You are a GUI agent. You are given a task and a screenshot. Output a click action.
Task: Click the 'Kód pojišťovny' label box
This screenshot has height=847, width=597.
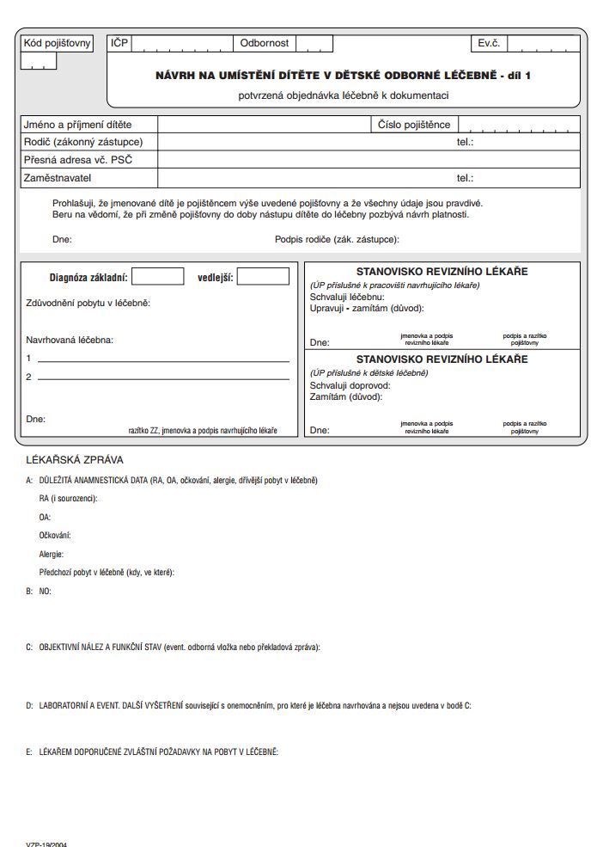57,43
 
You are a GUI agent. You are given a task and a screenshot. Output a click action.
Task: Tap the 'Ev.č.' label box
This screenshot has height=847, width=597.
490,43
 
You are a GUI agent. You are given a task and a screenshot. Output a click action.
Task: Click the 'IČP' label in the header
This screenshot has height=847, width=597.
119,43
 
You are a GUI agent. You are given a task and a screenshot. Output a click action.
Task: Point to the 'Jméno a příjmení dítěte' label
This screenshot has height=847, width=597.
77,125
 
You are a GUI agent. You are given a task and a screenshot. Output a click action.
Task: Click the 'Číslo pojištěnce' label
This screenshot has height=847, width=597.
414,125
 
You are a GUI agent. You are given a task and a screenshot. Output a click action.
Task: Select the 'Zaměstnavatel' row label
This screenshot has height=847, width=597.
57,178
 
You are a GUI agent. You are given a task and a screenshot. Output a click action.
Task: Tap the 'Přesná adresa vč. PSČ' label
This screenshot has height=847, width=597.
77,160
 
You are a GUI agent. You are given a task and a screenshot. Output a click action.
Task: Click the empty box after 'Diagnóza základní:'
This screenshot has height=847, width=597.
158,277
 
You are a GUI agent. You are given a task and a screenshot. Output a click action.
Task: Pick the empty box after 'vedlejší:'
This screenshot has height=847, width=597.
263,277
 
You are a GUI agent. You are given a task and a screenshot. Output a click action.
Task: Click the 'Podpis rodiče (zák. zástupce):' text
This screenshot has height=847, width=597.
337,240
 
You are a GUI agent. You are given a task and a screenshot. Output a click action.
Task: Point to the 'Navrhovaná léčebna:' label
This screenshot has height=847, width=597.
70,340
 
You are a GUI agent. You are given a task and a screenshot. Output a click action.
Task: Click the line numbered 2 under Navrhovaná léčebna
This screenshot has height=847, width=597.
163,377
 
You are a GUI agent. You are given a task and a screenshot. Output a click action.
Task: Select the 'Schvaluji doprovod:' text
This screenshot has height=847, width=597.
350,386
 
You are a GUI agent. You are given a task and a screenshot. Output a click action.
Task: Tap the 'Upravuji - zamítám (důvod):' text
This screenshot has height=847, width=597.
367,308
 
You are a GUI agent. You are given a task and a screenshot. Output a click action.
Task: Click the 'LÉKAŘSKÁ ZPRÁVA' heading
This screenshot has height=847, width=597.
75,460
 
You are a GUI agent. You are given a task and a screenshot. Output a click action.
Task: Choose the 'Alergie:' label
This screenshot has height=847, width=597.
52,555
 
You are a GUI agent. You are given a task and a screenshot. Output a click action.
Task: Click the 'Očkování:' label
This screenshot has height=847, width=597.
55,536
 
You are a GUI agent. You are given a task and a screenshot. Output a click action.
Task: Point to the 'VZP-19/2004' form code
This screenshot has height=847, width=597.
46,844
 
